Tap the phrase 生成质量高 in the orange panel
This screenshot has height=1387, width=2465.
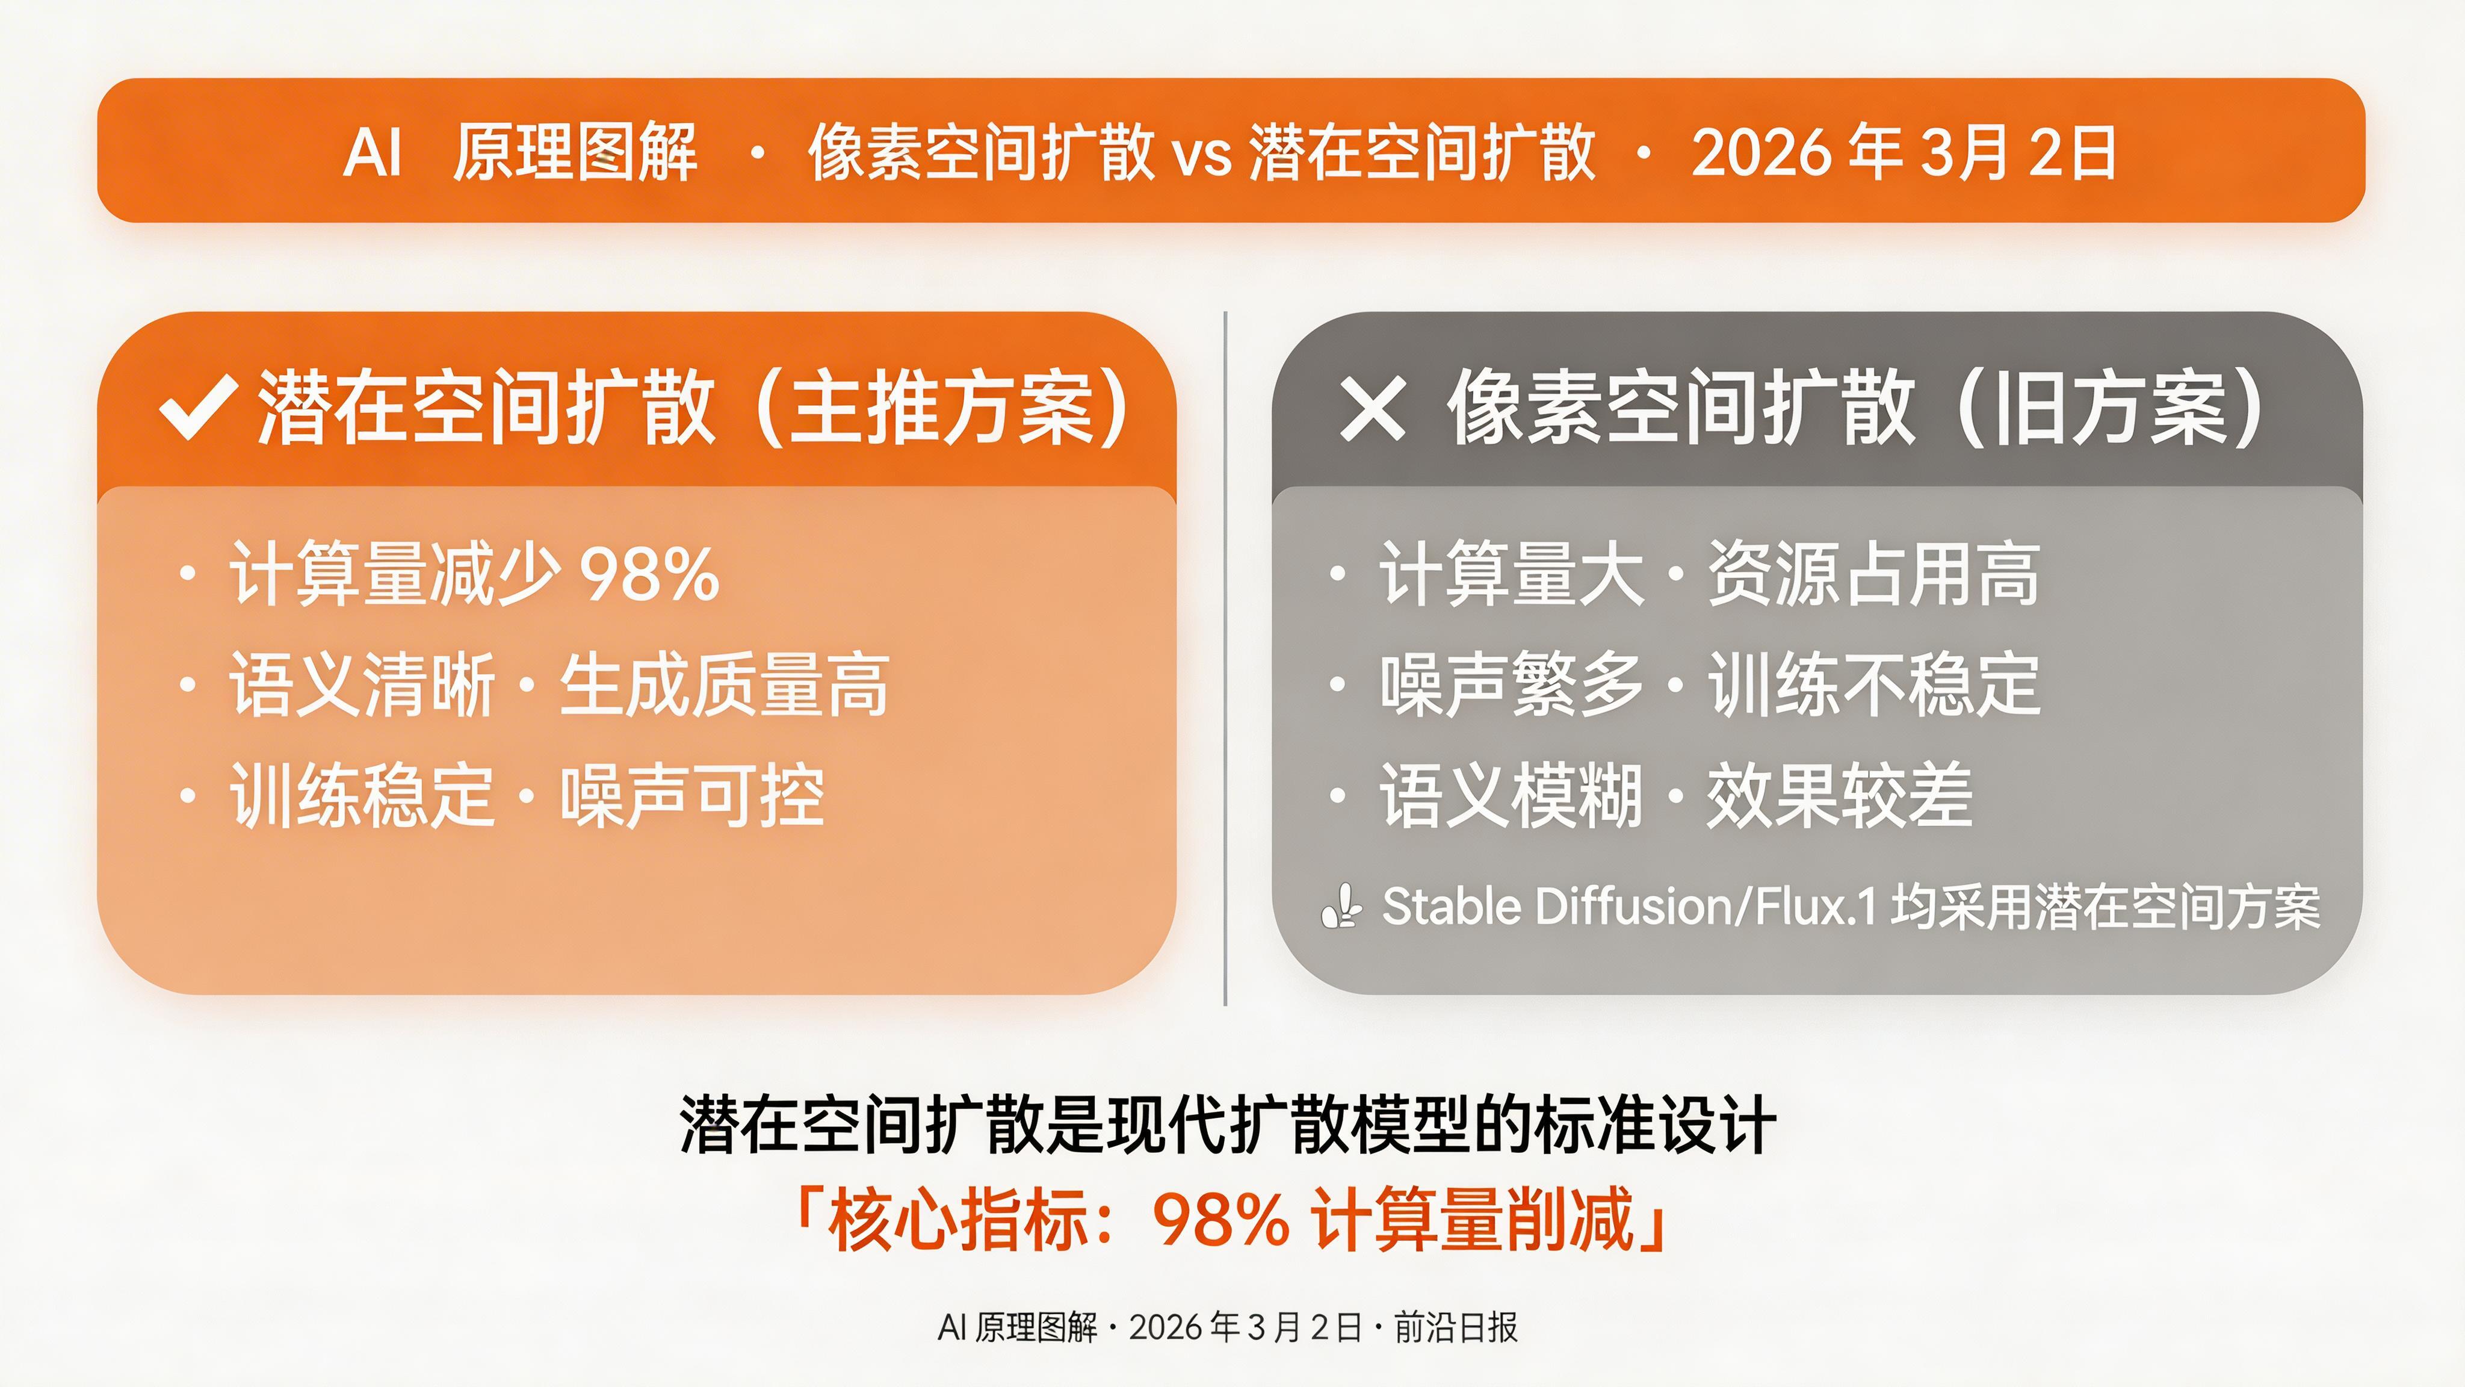click(x=725, y=685)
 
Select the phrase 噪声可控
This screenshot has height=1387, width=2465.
click(x=692, y=796)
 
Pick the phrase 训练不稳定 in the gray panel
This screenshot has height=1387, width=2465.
click(x=1873, y=685)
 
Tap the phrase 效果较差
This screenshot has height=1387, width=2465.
click(x=1839, y=796)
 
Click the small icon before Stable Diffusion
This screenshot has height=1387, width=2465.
click(x=1341, y=907)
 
